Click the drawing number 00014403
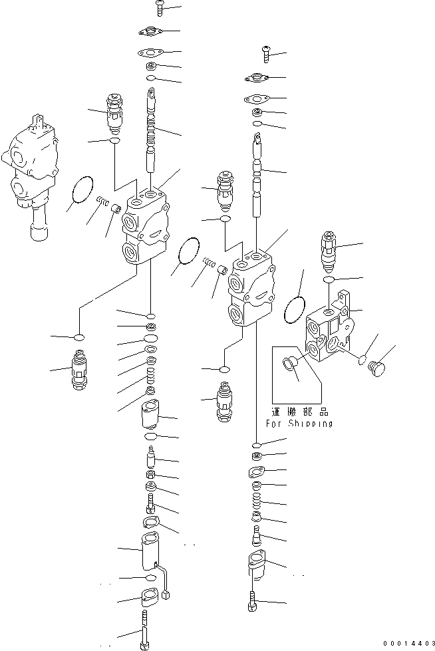click(x=409, y=644)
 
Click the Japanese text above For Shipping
click(x=300, y=412)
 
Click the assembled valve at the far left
click(x=30, y=174)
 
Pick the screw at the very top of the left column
click(x=160, y=8)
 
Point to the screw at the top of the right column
click(x=266, y=55)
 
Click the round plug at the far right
click(x=378, y=368)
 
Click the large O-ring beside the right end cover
click(x=295, y=309)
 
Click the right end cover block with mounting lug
click(x=330, y=327)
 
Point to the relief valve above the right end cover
click(x=328, y=251)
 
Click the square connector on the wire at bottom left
click(x=168, y=596)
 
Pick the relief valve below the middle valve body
click(x=224, y=402)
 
